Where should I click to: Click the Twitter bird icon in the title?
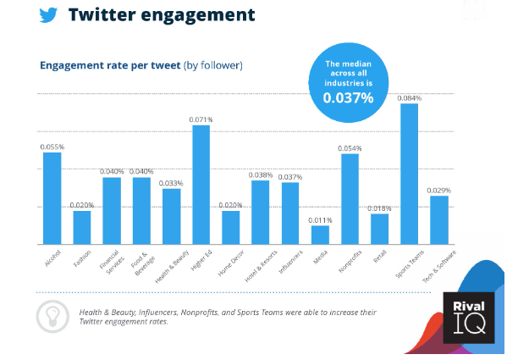49,14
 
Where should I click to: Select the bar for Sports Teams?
409,174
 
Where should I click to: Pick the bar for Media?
320,235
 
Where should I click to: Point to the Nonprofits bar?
350,199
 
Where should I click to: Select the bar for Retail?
379,229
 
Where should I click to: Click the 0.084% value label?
409,98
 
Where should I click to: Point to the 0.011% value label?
320,219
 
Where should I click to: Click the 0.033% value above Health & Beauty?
171,183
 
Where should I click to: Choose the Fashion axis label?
82,258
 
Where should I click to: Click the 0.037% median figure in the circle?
348,98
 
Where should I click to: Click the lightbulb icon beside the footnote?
52,316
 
